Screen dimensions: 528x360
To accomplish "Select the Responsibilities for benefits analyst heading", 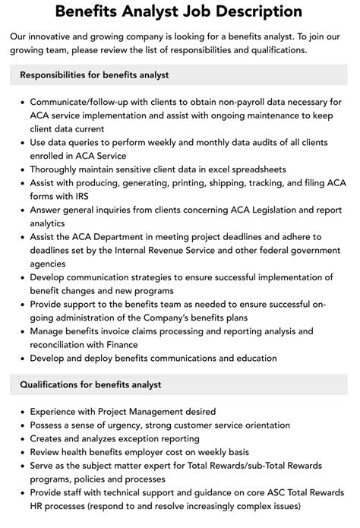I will [94, 74].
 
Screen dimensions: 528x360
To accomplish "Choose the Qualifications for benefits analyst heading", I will [90, 384].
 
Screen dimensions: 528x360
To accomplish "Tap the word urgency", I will [140, 425].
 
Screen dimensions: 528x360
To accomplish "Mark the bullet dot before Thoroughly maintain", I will [23, 169].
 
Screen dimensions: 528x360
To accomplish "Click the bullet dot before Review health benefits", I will [23, 452].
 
